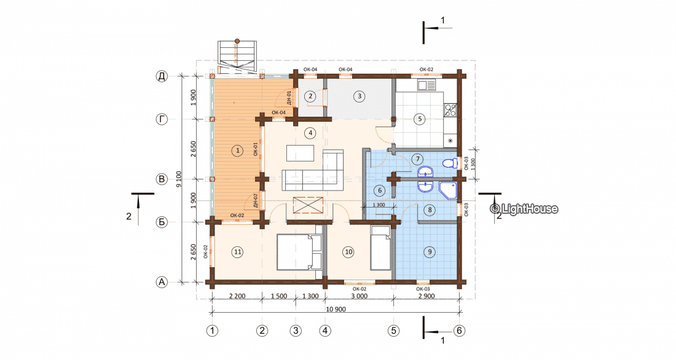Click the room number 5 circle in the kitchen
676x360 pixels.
420,119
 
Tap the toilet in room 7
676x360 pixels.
450,163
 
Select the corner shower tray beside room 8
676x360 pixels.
448,190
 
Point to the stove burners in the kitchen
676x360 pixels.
450,110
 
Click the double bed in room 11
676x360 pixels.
299,252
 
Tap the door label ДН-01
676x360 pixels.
289,98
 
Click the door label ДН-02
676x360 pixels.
256,201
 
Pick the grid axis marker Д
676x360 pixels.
162,76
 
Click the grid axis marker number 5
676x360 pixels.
393,331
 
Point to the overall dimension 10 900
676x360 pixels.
336,309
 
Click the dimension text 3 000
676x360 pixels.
359,296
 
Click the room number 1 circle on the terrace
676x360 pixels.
237,151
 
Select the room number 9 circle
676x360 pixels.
429,252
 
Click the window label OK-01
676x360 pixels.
256,149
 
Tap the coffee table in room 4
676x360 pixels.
300,153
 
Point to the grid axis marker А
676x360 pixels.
162,283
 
